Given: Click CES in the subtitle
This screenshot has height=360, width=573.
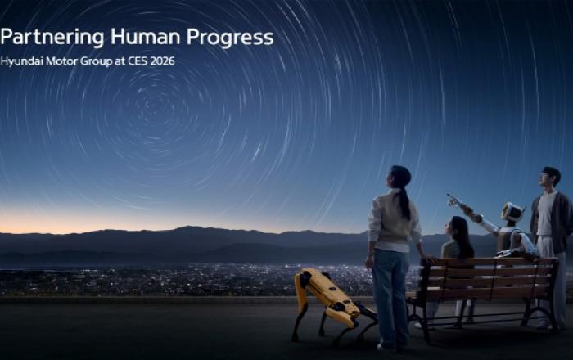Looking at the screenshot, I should pos(136,61).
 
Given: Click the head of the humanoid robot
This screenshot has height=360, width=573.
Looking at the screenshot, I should pos(512,214).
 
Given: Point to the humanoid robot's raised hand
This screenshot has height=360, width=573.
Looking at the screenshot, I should pos(453,199).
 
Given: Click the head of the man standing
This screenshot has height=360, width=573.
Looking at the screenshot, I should pos(551,178).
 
